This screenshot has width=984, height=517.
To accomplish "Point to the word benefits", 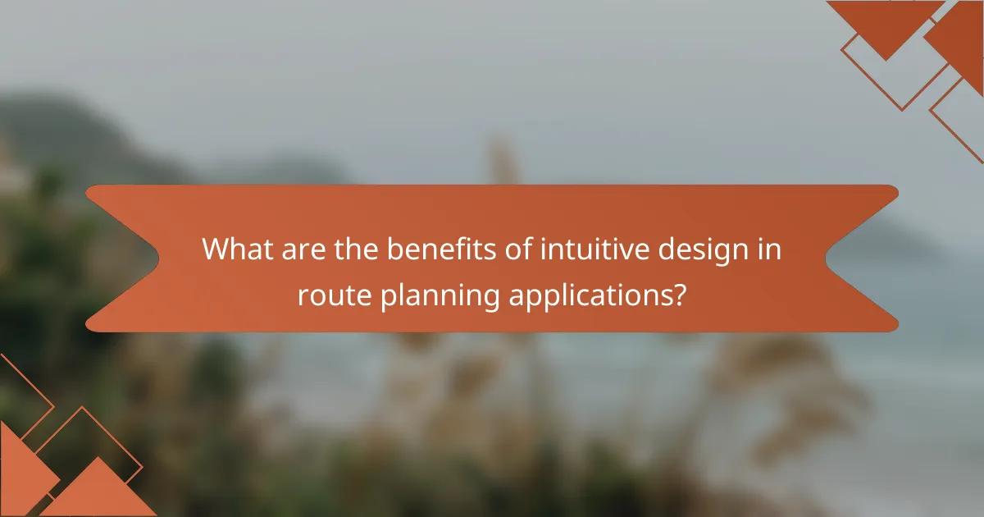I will click(432, 249).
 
